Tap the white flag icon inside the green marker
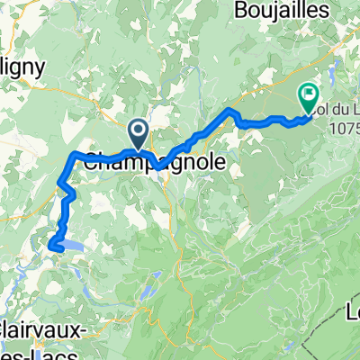308,92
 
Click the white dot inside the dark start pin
139,130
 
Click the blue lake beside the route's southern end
77,243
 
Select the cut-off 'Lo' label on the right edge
353,310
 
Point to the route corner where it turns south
72,157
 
